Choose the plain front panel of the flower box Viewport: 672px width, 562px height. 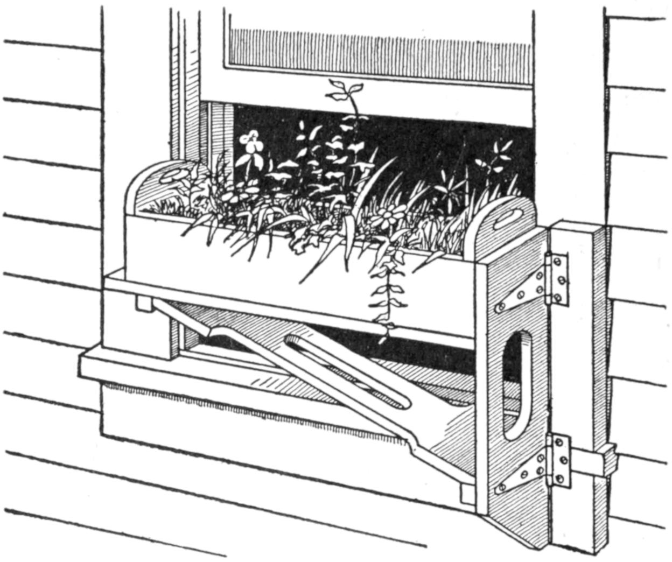click(242, 258)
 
